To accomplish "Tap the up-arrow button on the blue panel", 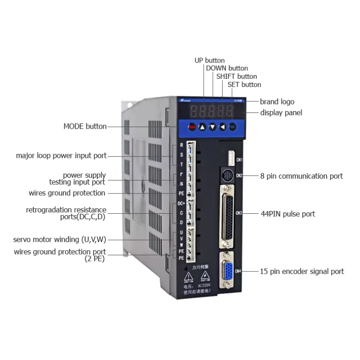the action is (x=202, y=127).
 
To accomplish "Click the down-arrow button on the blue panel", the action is (x=212, y=127).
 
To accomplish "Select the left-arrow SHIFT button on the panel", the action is (x=222, y=127).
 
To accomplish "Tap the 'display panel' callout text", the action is (x=281, y=112).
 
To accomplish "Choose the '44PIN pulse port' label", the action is (x=288, y=214).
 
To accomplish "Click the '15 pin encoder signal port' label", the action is (x=302, y=271).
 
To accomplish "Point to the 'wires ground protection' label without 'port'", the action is (x=67, y=193).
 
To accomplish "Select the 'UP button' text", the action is (x=209, y=60).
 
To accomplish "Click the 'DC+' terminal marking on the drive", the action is (x=181, y=204).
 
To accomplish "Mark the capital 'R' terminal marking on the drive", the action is (x=181, y=145).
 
